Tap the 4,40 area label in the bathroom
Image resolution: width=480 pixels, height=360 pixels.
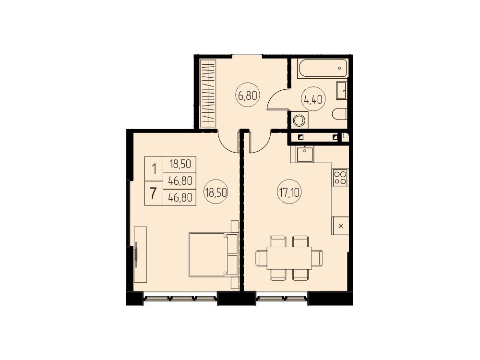pyautogui.click(x=313, y=99)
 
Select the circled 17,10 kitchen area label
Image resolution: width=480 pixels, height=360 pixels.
pyautogui.click(x=289, y=192)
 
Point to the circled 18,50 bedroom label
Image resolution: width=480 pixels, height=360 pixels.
pyautogui.click(x=216, y=192)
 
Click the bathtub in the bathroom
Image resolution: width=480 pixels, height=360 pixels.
pyautogui.click(x=323, y=69)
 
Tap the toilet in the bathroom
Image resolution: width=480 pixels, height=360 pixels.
pyautogui.click(x=339, y=114)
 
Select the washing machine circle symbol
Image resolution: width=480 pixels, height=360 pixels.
pyautogui.click(x=299, y=120)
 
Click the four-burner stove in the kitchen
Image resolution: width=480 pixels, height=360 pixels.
pyautogui.click(x=340, y=178)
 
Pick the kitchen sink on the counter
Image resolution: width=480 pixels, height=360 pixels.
pyautogui.click(x=304, y=154)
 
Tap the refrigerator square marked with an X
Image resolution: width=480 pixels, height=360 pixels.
pyautogui.click(x=340, y=226)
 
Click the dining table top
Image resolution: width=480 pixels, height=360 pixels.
pyautogui.click(x=289, y=258)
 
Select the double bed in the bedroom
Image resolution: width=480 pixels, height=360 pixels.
pyautogui.click(x=214, y=255)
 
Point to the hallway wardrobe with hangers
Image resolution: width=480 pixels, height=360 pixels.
pyautogui.click(x=208, y=94)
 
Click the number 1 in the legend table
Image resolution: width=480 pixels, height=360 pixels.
pyautogui.click(x=154, y=169)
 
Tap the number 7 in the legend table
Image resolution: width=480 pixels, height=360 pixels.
pyautogui.click(x=154, y=193)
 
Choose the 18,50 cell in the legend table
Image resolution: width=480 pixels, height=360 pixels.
pyautogui.click(x=180, y=165)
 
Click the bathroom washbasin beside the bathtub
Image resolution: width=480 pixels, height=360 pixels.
pyautogui.click(x=341, y=90)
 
